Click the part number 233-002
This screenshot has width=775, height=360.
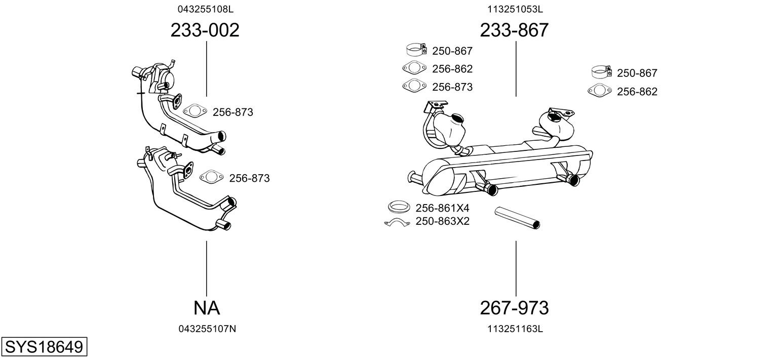pyautogui.click(x=205, y=30)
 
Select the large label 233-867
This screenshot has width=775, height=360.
pyautogui.click(x=514, y=30)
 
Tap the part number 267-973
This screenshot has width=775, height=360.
pyautogui.click(x=514, y=307)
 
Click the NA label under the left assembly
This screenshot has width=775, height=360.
pyautogui.click(x=206, y=307)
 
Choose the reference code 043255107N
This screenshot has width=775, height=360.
pyautogui.click(x=207, y=329)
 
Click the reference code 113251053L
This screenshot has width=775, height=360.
pyautogui.click(x=515, y=9)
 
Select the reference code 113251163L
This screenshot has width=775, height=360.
pyautogui.click(x=515, y=329)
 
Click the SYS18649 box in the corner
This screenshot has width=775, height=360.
pyautogui.click(x=44, y=347)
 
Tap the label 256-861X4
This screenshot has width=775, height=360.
pyautogui.click(x=442, y=208)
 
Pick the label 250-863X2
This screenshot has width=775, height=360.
pyautogui.click(x=442, y=221)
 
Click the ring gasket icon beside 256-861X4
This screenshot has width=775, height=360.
pyautogui.click(x=399, y=207)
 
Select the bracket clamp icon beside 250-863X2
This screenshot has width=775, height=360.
pyautogui.click(x=397, y=223)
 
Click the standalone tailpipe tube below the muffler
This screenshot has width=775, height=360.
pyautogui.click(x=517, y=217)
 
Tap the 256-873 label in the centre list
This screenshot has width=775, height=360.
pyautogui.click(x=452, y=87)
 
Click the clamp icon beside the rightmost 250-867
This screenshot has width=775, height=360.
pyautogui.click(x=602, y=72)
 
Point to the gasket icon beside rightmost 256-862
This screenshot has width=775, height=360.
pyautogui.click(x=599, y=91)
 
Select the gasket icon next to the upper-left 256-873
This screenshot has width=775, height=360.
pyautogui.click(x=195, y=111)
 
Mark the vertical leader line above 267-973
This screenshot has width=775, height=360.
pyautogui.click(x=516, y=268)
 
